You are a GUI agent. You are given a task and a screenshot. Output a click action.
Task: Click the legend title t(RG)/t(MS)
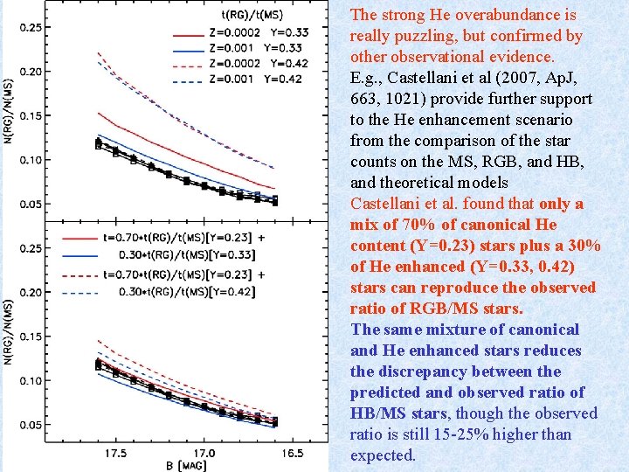pyautogui.click(x=252, y=15)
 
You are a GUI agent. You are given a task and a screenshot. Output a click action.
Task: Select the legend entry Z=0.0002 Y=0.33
pyautogui.click(x=259, y=32)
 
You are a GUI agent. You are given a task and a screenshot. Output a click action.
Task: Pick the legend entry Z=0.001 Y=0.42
pyautogui.click(x=255, y=79)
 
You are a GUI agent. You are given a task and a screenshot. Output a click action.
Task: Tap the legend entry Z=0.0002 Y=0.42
pyautogui.click(x=259, y=64)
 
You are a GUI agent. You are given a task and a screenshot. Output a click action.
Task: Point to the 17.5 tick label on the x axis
pyautogui.click(x=116, y=454)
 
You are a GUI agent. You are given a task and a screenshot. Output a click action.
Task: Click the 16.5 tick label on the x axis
pyautogui.click(x=293, y=454)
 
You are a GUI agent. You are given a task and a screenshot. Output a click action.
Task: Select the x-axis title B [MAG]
pyautogui.click(x=186, y=466)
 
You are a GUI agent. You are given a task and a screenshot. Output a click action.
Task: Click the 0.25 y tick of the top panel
pyautogui.click(x=30, y=27)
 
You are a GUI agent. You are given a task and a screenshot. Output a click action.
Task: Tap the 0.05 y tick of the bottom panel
pyautogui.click(x=30, y=425)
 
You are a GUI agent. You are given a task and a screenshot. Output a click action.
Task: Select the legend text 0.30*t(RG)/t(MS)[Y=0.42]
pyautogui.click(x=187, y=292)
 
